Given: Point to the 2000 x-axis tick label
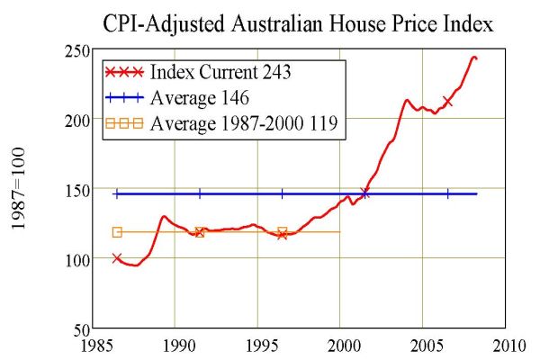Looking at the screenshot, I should [x=341, y=345].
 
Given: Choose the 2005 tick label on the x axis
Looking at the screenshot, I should [x=423, y=345].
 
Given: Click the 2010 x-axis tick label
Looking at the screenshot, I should [x=506, y=345].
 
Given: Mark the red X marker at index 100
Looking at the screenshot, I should [x=117, y=258].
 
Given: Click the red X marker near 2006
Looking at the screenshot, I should [x=447, y=102].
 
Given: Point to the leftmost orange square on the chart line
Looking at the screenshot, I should [x=117, y=232].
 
